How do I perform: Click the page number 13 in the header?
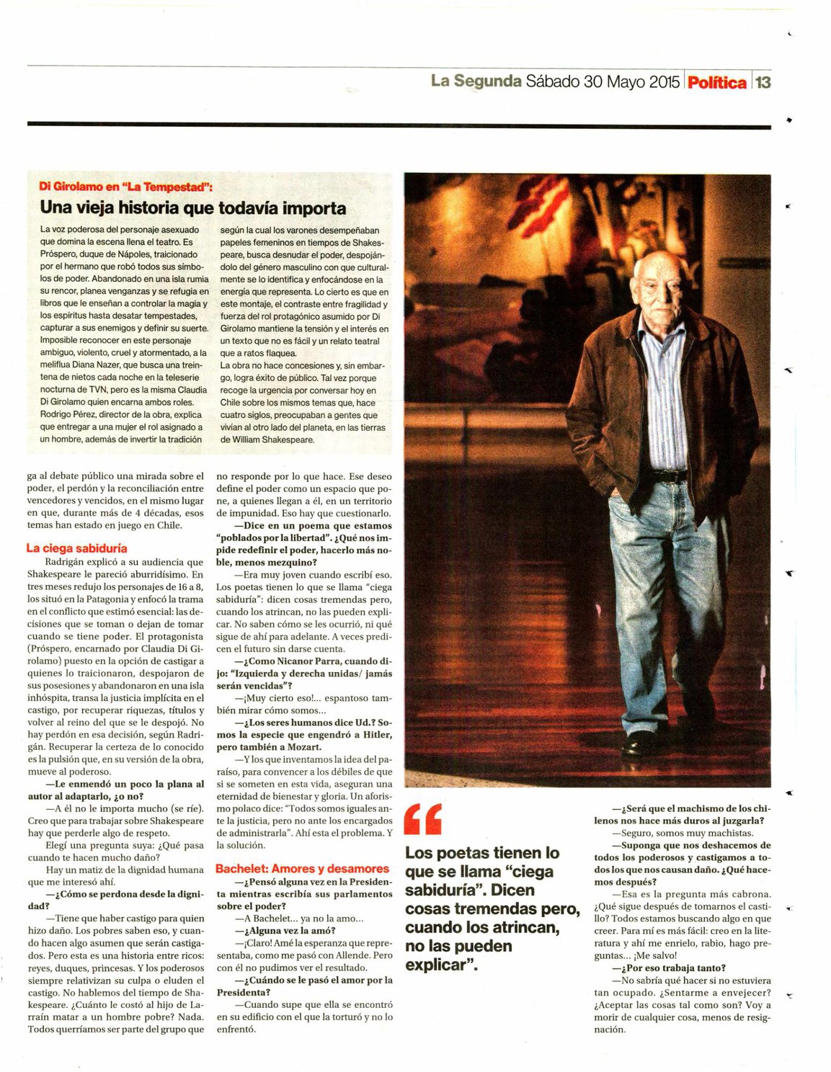pyautogui.click(x=763, y=82)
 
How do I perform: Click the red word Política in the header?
pyautogui.click(x=716, y=82)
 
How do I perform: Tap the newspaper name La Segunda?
pyautogui.click(x=476, y=81)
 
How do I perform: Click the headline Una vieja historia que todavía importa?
pyautogui.click(x=193, y=208)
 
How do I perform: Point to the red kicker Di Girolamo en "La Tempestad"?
pyautogui.click(x=125, y=187)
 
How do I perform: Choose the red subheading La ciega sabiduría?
pyautogui.click(x=76, y=548)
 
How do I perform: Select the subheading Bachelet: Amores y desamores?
pyautogui.click(x=302, y=869)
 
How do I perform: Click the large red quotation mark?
pyautogui.click(x=423, y=818)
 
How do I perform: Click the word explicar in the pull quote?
pyautogui.click(x=438, y=965)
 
